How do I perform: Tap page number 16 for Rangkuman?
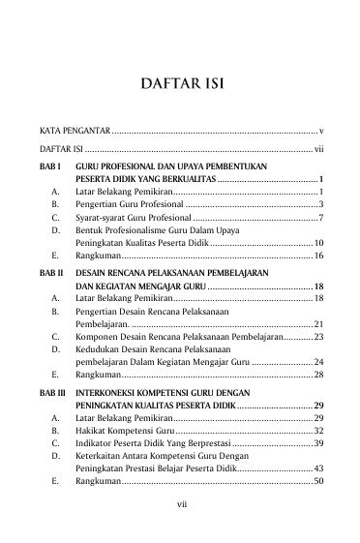click(318, 256)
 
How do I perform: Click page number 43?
click(318, 468)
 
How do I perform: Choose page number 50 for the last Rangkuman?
click(318, 481)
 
